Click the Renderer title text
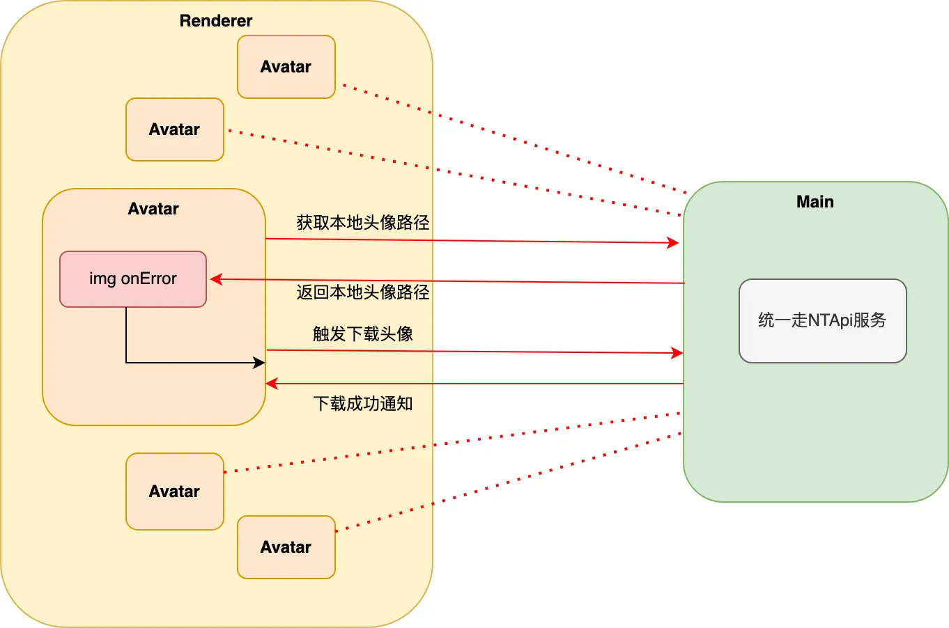[x=216, y=21]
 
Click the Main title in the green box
[x=815, y=202]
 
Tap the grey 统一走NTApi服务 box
[x=822, y=320]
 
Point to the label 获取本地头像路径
[x=363, y=223]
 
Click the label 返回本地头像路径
[x=363, y=292]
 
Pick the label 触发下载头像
[x=363, y=334]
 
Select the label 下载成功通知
[x=363, y=404]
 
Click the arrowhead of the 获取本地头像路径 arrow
[x=674, y=243]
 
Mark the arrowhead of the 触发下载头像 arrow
[x=677, y=353]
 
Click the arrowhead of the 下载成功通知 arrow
[x=272, y=384]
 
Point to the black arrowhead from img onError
[x=259, y=363]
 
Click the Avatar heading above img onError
[x=153, y=209]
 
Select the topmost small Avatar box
[x=286, y=67]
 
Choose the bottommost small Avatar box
[x=286, y=547]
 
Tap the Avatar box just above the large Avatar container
[x=174, y=129]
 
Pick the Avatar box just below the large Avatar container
[x=174, y=492]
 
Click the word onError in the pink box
[x=149, y=278]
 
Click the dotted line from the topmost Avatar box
[x=516, y=139]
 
